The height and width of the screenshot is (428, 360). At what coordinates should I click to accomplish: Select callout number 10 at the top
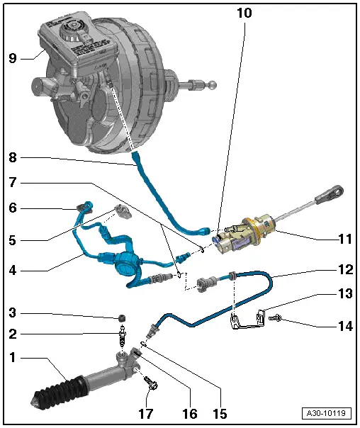click(242, 13)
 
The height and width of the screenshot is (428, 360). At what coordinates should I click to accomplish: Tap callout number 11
click(344, 239)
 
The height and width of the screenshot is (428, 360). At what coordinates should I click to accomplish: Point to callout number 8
click(12, 158)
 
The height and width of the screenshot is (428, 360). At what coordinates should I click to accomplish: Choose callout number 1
click(12, 358)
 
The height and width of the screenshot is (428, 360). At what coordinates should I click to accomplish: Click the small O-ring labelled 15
click(142, 344)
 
